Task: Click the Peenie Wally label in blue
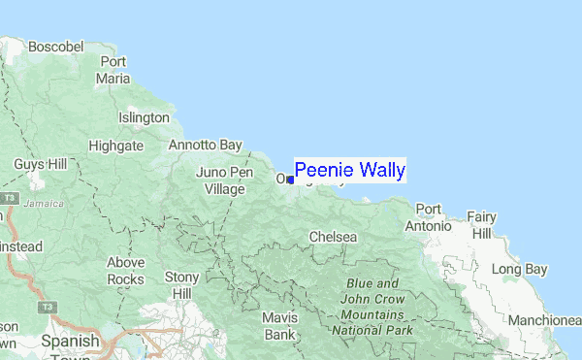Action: (350, 171)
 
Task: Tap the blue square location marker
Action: (291, 180)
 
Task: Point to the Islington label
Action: (144, 117)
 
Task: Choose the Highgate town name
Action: (115, 146)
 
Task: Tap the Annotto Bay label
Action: (205, 145)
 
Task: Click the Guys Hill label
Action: (40, 165)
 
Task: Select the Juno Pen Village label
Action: (224, 180)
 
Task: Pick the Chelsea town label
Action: (333, 237)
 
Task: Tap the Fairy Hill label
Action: (481, 224)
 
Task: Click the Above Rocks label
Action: (125, 271)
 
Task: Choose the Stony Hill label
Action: (182, 285)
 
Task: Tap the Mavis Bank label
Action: (279, 326)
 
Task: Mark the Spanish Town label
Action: (70, 349)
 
